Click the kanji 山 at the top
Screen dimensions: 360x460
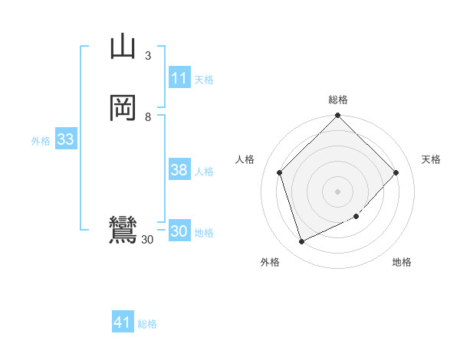pyautogui.click(x=123, y=47)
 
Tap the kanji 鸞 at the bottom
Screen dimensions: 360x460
pyautogui.click(x=123, y=230)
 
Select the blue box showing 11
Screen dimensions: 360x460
pyautogui.click(x=179, y=78)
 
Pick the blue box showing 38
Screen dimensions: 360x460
pyautogui.click(x=179, y=170)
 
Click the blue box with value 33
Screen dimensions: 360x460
pyautogui.click(x=65, y=139)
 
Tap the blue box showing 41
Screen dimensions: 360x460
pyautogui.click(x=123, y=322)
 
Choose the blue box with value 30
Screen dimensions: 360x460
pyautogui.click(x=179, y=231)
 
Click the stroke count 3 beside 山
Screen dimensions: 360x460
pyautogui.click(x=148, y=56)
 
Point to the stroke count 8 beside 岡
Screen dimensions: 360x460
pyautogui.click(x=148, y=117)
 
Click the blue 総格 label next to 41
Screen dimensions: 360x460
pyautogui.click(x=147, y=324)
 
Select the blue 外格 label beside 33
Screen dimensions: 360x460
pyautogui.click(x=41, y=141)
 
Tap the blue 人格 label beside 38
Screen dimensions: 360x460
pyautogui.click(x=205, y=172)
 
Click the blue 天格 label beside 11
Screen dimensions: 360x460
pyautogui.click(x=205, y=80)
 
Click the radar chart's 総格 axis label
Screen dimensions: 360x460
pyautogui.click(x=338, y=100)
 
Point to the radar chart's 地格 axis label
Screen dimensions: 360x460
pyautogui.click(x=402, y=262)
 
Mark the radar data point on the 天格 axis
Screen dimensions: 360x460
pyautogui.click(x=396, y=172)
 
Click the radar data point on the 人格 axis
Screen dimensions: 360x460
pyautogui.click(x=280, y=172)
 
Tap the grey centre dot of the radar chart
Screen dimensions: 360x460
pyautogui.click(x=338, y=191)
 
